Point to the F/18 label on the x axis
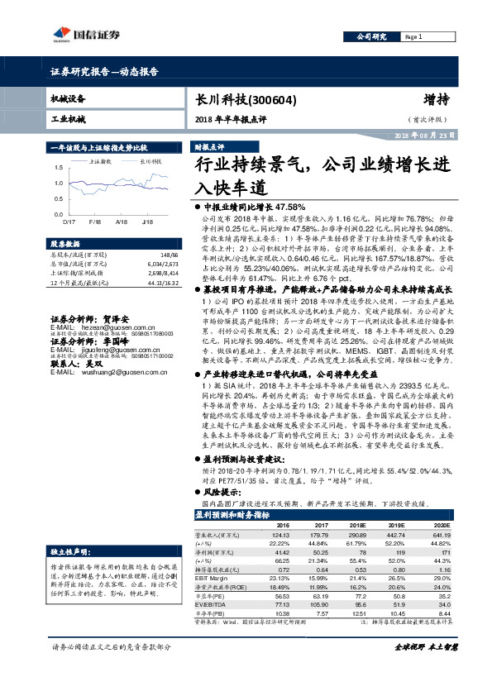point(94,222)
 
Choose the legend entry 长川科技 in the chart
point(150,162)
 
